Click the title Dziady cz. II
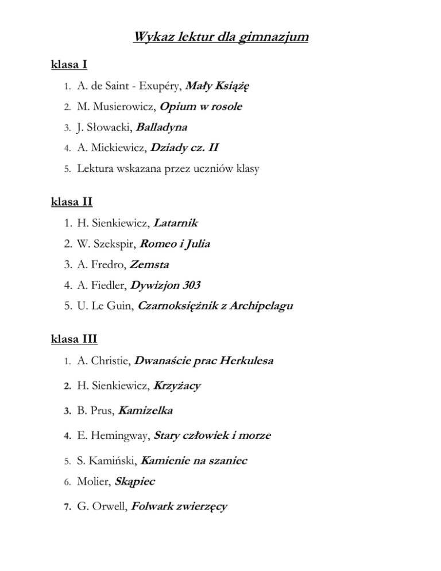click(184, 148)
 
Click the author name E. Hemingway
click(112, 436)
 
